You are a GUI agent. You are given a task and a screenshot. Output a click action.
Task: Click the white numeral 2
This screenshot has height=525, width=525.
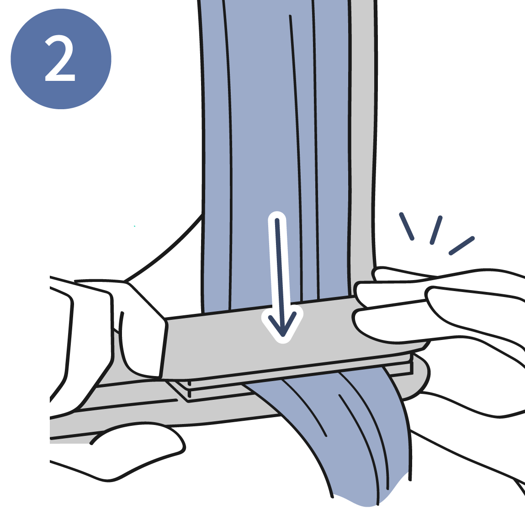pyautogui.click(x=60, y=58)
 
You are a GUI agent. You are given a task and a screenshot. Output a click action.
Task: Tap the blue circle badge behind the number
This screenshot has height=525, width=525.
pyautogui.click(x=61, y=59)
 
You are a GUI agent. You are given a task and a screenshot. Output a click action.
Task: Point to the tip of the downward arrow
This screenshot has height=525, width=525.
pyautogui.click(x=283, y=336)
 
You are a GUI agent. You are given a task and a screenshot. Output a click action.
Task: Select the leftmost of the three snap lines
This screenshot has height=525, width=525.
pyautogui.click(x=407, y=226)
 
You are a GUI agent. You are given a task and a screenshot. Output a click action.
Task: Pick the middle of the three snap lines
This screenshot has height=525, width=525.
pyautogui.click(x=436, y=230)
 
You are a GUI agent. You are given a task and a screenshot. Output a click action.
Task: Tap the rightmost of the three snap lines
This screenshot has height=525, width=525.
pyautogui.click(x=462, y=246)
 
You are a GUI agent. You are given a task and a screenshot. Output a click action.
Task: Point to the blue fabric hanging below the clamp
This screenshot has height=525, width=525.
pyautogui.click(x=341, y=435)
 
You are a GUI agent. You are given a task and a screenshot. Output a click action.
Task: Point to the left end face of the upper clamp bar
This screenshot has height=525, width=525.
pyautogui.click(x=163, y=348)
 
